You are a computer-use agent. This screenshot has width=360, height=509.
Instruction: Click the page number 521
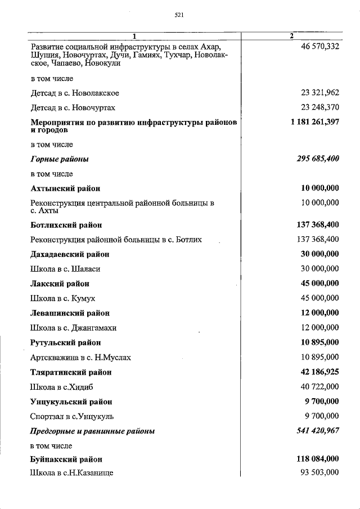click(x=179, y=15)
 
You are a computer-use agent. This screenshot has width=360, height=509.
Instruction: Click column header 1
click(x=135, y=37)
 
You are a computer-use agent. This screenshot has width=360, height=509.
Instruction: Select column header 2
click(x=291, y=37)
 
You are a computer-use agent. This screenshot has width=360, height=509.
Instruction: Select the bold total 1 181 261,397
click(x=315, y=122)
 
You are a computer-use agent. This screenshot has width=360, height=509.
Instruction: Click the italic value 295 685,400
click(x=318, y=159)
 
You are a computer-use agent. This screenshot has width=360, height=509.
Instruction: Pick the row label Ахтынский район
click(x=65, y=188)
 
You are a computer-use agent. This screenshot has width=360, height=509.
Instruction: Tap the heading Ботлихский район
click(x=66, y=225)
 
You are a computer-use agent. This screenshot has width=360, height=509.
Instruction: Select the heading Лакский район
click(x=60, y=283)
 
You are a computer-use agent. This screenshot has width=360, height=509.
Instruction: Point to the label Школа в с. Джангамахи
click(x=74, y=327)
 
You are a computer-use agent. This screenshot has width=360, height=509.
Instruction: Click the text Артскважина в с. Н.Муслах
click(x=82, y=357)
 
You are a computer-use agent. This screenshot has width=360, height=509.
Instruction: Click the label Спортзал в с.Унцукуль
click(x=73, y=416)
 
